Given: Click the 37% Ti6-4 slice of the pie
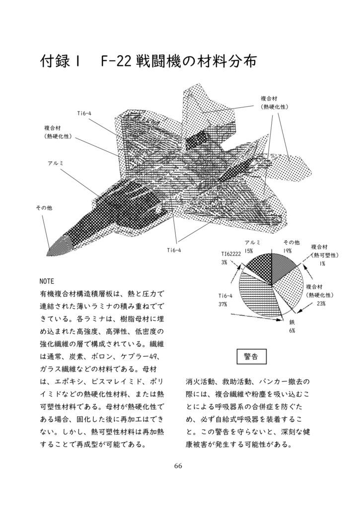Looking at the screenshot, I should [256, 293].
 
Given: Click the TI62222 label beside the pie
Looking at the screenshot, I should [231, 254].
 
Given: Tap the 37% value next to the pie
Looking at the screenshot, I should [222, 304].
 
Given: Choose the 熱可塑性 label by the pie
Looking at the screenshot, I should [325, 254].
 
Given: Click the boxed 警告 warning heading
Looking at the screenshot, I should [251, 357].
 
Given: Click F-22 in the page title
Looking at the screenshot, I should [115, 62].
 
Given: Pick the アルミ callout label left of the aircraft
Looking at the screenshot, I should [56, 163].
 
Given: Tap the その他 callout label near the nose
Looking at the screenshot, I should [43, 208].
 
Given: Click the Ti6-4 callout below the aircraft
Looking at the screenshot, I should [174, 250].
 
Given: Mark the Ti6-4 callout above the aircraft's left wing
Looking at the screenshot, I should [84, 114].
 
